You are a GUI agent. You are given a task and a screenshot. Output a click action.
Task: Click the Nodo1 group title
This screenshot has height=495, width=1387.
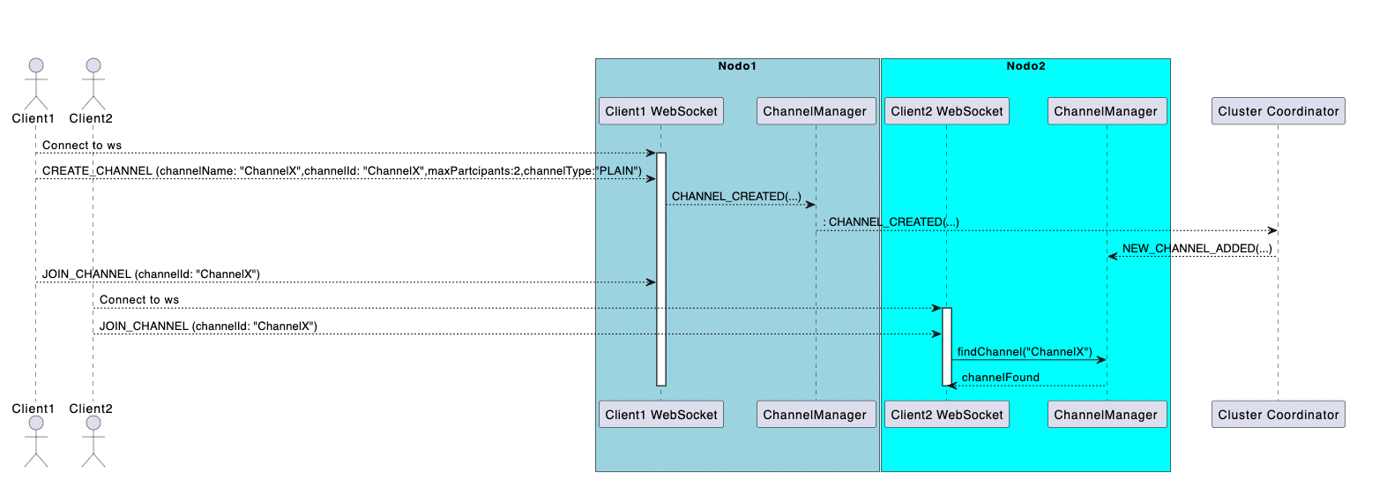tap(736, 66)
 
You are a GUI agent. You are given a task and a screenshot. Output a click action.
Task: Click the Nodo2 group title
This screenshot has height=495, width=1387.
tap(1025, 66)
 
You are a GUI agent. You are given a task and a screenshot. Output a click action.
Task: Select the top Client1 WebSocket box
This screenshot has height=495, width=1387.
tap(661, 111)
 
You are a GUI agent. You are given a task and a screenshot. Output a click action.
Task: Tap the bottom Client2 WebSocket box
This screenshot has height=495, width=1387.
tap(947, 415)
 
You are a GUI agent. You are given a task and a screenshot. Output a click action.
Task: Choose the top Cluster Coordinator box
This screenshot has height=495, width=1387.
tap(1278, 111)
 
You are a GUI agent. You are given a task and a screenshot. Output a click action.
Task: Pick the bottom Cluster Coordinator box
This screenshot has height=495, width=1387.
tap(1278, 415)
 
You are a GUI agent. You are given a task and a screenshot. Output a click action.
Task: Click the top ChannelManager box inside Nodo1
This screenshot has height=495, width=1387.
tap(815, 111)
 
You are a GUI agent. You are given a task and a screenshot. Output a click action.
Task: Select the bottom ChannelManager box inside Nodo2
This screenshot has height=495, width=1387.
tap(1106, 415)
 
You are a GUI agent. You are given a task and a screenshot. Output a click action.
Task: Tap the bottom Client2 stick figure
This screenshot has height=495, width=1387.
tap(93, 440)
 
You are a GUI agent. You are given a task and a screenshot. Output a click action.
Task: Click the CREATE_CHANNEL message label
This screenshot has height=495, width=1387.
tap(341, 171)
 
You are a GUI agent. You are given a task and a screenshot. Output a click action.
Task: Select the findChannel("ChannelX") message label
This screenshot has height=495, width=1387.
tap(1025, 352)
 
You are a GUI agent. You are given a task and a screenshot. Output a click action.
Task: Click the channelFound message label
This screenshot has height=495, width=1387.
tap(1000, 378)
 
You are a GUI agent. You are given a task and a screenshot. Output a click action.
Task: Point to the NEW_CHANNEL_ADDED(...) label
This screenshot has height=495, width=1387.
tap(1197, 249)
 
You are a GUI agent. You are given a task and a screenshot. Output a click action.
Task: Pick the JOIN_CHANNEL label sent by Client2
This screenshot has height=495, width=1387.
tap(208, 326)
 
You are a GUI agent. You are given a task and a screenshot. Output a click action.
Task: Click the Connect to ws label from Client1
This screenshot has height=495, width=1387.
tap(82, 146)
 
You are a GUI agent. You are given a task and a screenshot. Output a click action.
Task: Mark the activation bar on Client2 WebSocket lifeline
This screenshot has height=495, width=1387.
tap(947, 346)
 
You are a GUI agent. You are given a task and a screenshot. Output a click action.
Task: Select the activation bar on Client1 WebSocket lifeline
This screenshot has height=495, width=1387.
tap(661, 269)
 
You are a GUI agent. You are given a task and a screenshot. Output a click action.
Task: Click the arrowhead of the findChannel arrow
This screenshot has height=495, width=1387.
tap(1101, 360)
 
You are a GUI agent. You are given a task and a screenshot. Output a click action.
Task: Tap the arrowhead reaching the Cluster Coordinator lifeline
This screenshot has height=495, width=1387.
tap(1272, 230)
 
